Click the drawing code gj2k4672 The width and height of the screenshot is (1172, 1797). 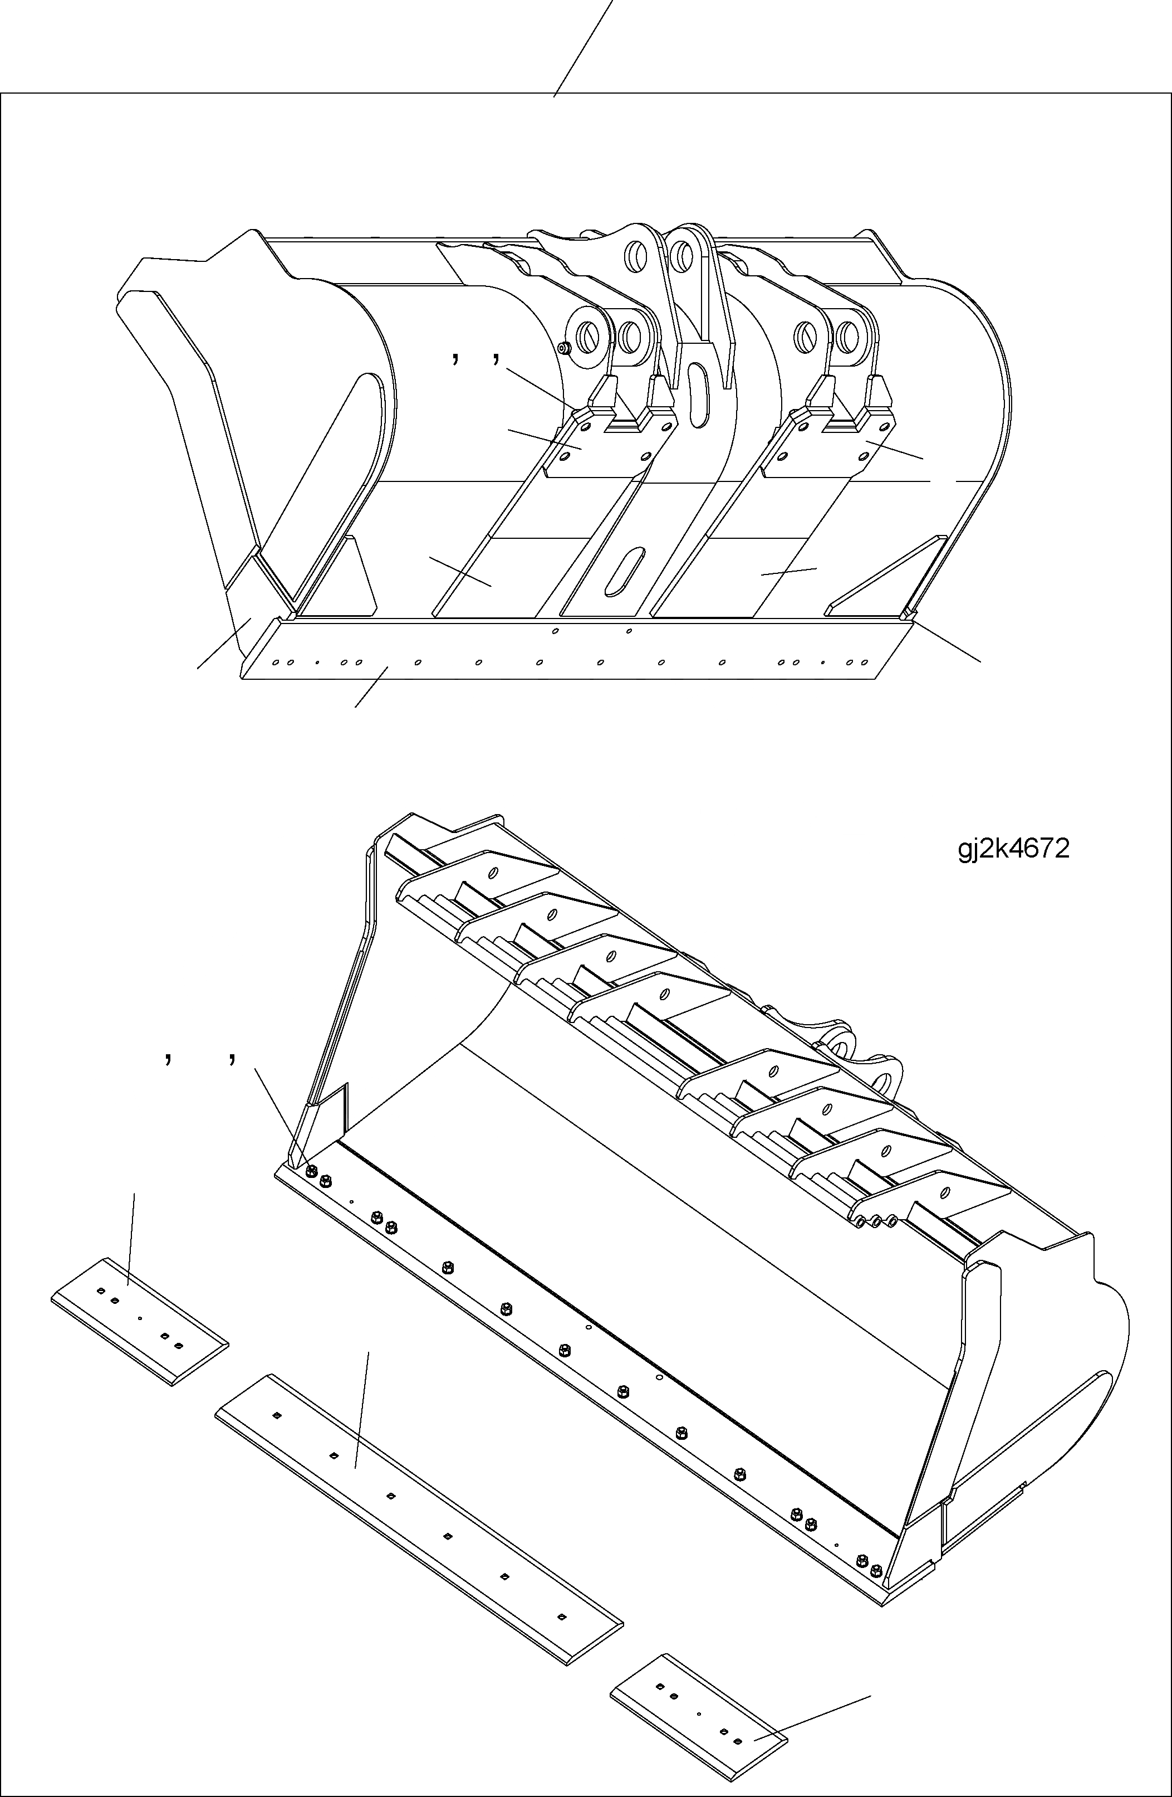click(1013, 849)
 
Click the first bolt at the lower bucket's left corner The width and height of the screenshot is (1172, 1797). click(312, 1170)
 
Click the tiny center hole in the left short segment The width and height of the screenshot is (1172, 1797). click(140, 1318)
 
